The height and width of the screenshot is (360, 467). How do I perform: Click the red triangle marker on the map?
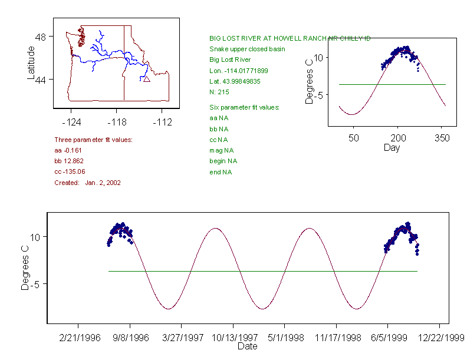click(x=146, y=79)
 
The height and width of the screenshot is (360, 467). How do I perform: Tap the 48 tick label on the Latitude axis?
click(x=41, y=37)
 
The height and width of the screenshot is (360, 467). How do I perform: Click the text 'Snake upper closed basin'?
click(x=247, y=49)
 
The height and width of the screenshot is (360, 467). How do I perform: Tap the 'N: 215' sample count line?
click(x=219, y=92)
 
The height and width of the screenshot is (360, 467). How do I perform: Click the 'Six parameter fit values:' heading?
click(x=244, y=107)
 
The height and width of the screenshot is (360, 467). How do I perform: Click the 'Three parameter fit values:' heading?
click(x=93, y=140)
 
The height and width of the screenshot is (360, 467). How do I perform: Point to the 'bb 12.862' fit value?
click(x=69, y=161)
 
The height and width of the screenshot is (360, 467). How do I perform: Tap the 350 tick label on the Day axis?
click(x=442, y=138)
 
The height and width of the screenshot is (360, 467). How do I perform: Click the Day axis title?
click(x=392, y=148)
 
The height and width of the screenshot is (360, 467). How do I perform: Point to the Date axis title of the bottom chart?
click(x=247, y=347)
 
